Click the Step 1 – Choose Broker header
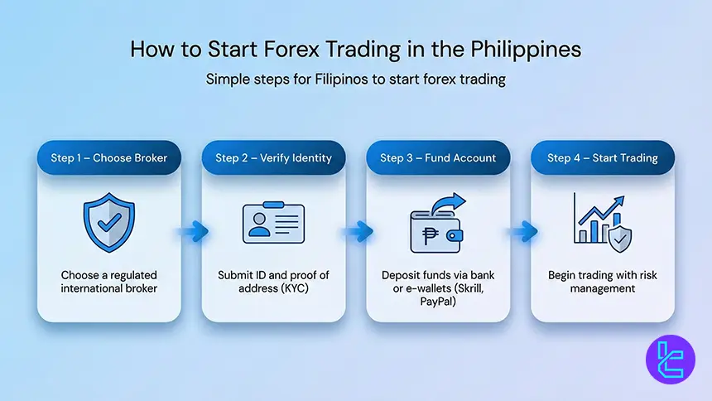pyautogui.click(x=108, y=157)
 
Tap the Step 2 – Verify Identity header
pyautogui.click(x=273, y=157)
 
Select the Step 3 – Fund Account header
pyautogui.click(x=438, y=157)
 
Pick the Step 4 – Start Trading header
pyautogui.click(x=602, y=157)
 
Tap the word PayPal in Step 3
pyautogui.click(x=438, y=302)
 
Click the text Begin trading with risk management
pyautogui.click(x=602, y=282)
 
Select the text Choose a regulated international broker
pyautogui.click(x=108, y=282)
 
